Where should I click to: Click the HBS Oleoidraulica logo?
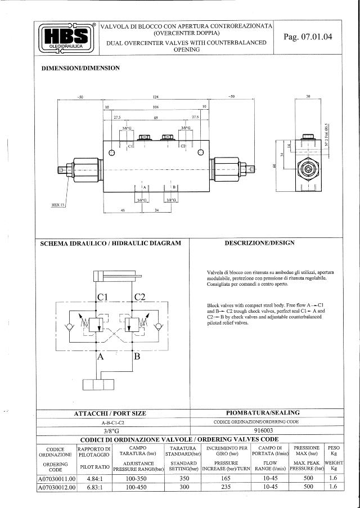coord(66,38)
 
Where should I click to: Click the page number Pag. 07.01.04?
coord(308,37)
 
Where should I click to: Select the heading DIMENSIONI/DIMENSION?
coord(81,68)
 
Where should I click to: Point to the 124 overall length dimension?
coord(155,97)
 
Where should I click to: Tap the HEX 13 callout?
coord(58,205)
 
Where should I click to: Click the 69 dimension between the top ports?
coord(156,118)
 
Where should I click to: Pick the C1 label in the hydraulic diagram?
coord(103,296)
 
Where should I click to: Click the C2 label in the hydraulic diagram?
coord(140,296)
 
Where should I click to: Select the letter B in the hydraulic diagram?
coord(137,356)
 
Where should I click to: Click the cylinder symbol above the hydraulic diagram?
coord(116,276)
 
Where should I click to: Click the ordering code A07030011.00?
coord(56,478)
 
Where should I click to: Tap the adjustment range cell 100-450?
coord(138,487)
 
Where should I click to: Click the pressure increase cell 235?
coord(227,487)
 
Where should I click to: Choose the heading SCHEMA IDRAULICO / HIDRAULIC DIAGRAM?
coord(111,243)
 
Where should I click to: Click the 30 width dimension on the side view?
coord(308,97)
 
